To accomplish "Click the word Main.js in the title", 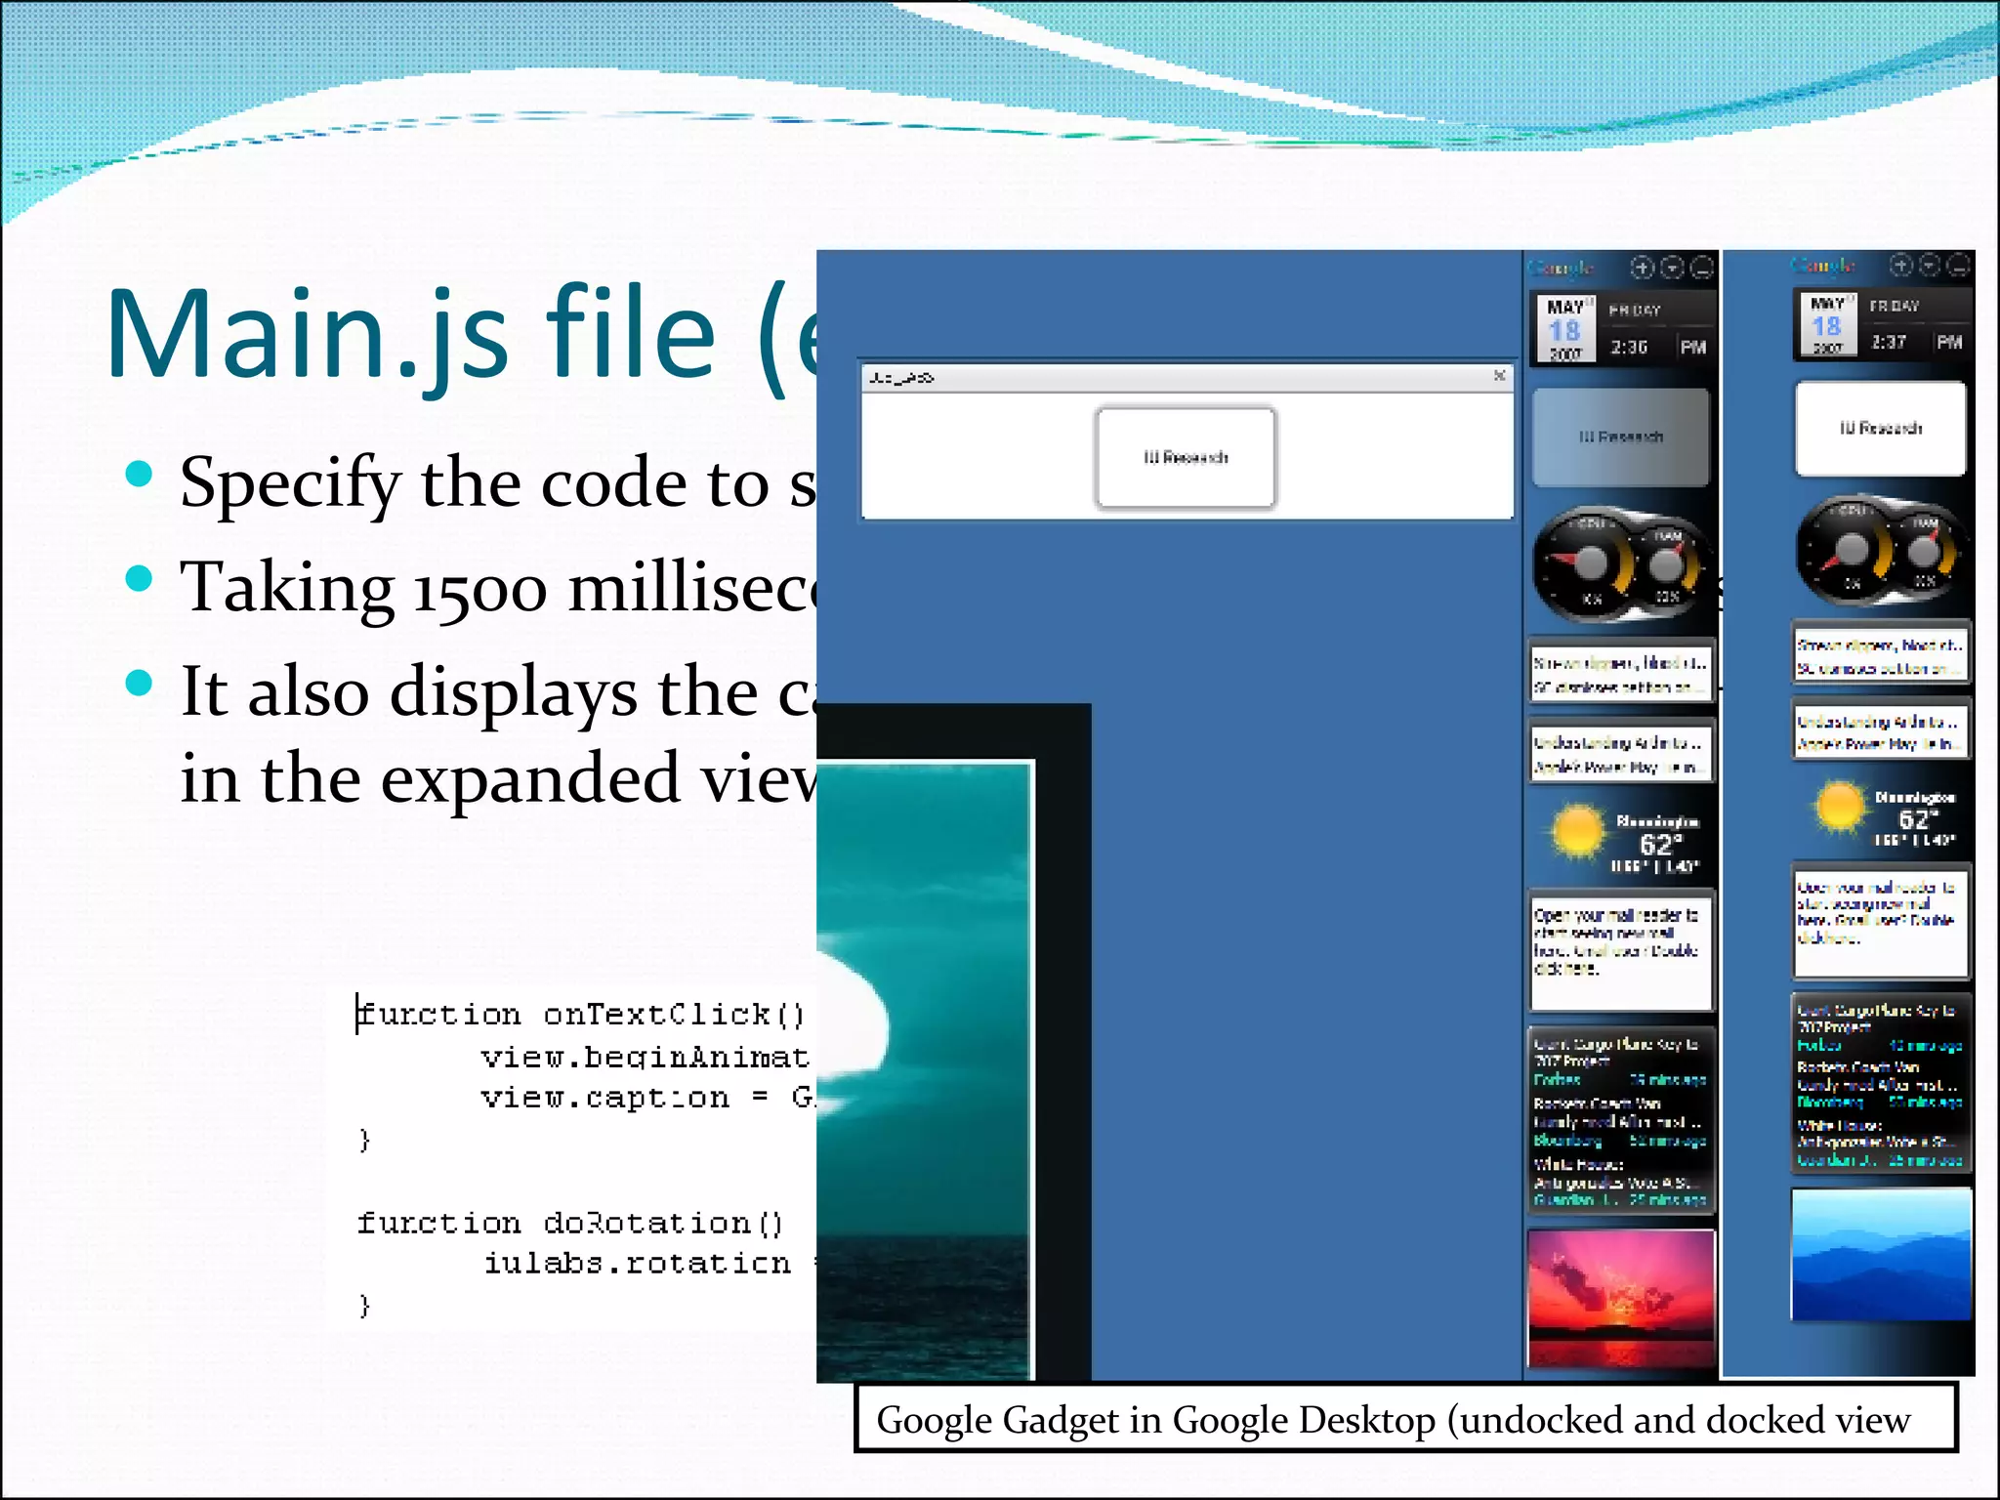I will pyautogui.click(x=308, y=335).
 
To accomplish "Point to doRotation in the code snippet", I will pyautogui.click(x=647, y=1223).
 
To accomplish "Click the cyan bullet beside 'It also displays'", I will pyautogui.click(x=140, y=683).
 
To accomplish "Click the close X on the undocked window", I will pyautogui.click(x=1500, y=376).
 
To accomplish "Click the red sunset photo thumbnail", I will pyautogui.click(x=1621, y=1297).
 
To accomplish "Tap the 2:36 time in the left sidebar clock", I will pyautogui.click(x=1629, y=348).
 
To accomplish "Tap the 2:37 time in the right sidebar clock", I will pyautogui.click(x=1889, y=343).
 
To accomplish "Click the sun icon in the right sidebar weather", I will pyautogui.click(x=1839, y=807).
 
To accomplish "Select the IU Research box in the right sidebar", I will pyautogui.click(x=1881, y=429).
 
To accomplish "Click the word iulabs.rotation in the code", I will pyautogui.click(x=638, y=1264).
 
